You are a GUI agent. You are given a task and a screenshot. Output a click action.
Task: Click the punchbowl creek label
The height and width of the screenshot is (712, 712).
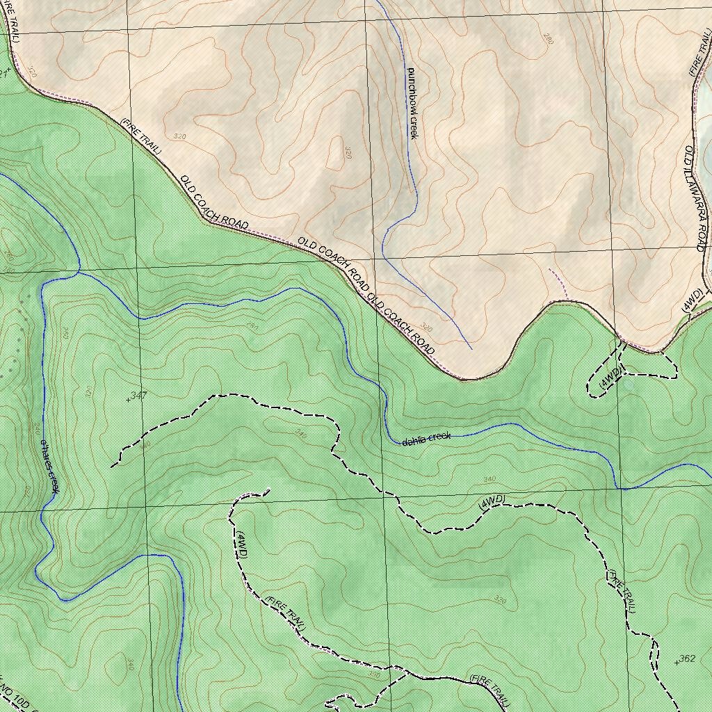pyautogui.click(x=411, y=103)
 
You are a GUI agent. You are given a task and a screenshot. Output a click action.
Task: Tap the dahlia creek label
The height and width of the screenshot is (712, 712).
pyautogui.click(x=426, y=439)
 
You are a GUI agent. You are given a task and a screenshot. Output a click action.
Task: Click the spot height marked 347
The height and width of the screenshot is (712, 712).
pyautogui.click(x=129, y=398)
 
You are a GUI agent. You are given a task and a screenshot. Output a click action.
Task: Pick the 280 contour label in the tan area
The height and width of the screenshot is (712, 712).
pyautogui.click(x=548, y=39)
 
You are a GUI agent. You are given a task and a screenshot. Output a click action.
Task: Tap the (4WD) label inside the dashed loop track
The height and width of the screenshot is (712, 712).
pyautogui.click(x=610, y=377)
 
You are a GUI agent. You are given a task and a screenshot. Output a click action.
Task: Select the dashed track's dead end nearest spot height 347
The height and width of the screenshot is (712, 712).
pyautogui.click(x=112, y=465)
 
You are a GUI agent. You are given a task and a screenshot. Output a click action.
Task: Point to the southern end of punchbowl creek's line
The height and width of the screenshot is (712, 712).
pyautogui.click(x=471, y=348)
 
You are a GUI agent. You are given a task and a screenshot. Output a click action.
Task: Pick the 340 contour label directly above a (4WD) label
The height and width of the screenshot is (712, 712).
pyautogui.click(x=489, y=479)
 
